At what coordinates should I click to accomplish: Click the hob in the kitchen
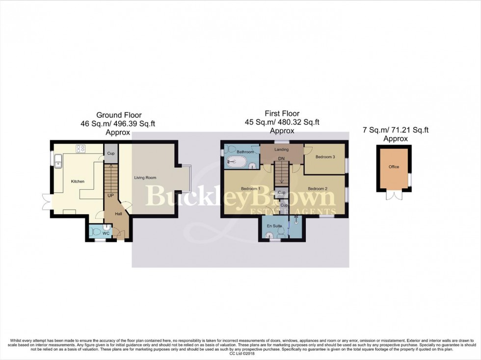coord(80,148)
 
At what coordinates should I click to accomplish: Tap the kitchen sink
coord(58,159)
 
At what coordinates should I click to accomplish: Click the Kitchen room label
coord(78,181)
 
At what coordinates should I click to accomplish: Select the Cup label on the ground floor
coord(111,154)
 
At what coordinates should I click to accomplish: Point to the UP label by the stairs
coord(111,195)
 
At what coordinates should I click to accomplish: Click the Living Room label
coord(145,178)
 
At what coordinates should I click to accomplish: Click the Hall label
coord(119,214)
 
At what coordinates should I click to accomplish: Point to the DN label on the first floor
coord(281,159)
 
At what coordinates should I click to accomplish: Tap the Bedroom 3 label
coord(325,157)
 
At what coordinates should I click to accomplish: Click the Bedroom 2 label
coord(318,189)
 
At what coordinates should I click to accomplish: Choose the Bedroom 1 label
coord(251,189)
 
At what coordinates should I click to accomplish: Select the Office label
coord(394,167)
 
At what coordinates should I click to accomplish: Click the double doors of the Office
coord(394,195)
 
